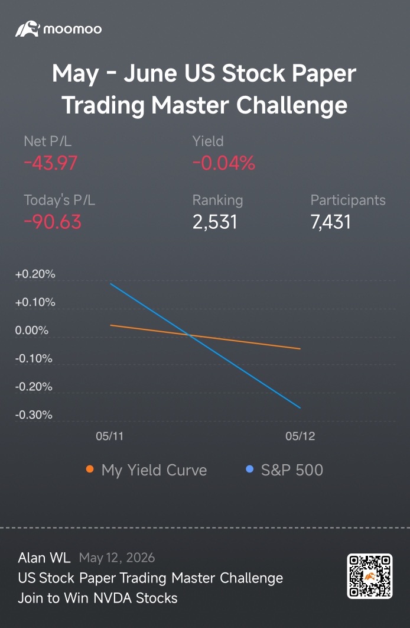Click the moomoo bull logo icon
click(x=28, y=29)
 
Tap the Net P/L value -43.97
click(x=50, y=163)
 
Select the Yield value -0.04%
click(x=223, y=163)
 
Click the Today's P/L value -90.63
click(x=53, y=222)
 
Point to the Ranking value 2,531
click(x=215, y=222)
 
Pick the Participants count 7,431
click(x=330, y=222)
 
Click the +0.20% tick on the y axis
click(x=35, y=275)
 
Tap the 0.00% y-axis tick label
click(x=31, y=331)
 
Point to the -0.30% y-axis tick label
click(x=34, y=415)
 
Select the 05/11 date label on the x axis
click(x=110, y=436)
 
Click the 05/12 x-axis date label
click(x=300, y=436)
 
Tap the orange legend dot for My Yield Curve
click(x=90, y=469)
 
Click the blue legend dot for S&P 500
click(x=249, y=469)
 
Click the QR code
click(x=370, y=577)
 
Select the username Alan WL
click(x=44, y=558)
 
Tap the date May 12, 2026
click(x=117, y=558)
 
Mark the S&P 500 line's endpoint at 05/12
click(x=300, y=408)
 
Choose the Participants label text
click(x=348, y=200)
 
